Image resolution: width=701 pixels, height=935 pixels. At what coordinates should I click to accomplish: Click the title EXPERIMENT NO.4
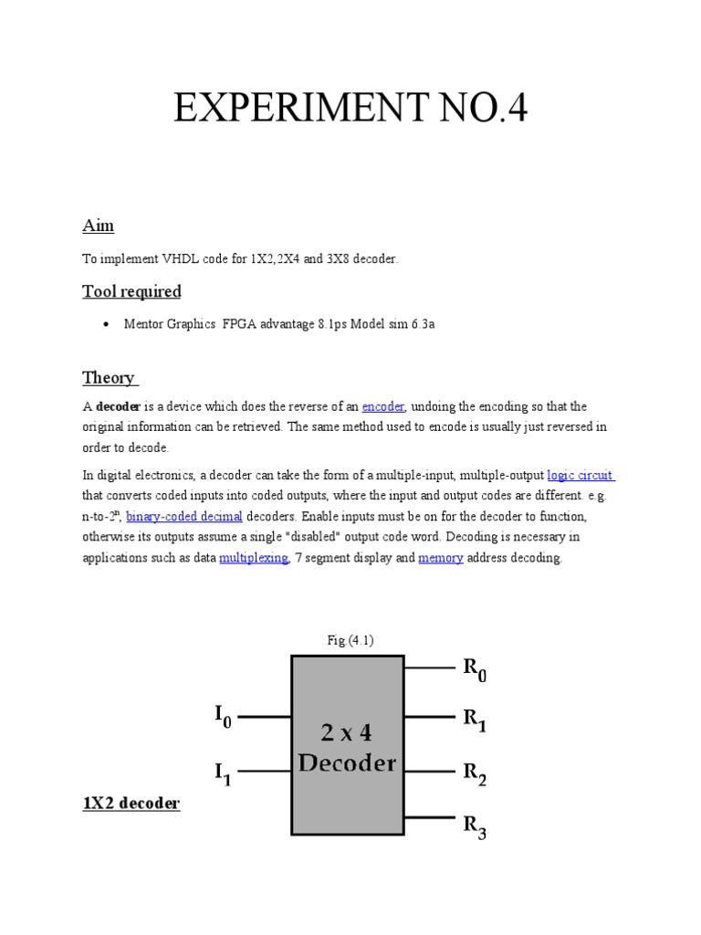[x=350, y=111]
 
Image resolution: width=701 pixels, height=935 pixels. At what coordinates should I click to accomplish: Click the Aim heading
[x=98, y=226]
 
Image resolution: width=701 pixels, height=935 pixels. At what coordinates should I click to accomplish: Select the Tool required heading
[x=131, y=291]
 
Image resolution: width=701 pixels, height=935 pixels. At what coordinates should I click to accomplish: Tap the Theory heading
[x=109, y=377]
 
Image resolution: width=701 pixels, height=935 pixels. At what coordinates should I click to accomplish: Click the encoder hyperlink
[x=383, y=406]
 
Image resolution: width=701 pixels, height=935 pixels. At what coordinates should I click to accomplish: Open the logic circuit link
[x=581, y=475]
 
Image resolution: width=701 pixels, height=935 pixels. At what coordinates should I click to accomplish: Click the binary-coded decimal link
[x=183, y=516]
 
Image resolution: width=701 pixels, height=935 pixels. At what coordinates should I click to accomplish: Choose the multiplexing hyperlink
[x=254, y=558]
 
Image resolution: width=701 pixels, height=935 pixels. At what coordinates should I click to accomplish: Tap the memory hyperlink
[x=441, y=558]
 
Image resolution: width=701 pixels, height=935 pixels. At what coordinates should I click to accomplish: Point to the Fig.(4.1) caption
[x=350, y=640]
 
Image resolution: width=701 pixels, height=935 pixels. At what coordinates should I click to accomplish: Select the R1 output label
[x=475, y=722]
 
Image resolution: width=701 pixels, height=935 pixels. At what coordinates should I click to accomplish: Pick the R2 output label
[x=475, y=775]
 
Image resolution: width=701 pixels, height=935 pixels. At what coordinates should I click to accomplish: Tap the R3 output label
[x=475, y=827]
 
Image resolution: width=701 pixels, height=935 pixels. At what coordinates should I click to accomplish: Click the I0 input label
[x=224, y=717]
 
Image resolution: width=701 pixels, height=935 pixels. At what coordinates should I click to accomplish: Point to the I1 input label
[x=224, y=774]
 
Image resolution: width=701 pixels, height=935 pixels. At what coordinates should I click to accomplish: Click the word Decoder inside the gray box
[x=347, y=762]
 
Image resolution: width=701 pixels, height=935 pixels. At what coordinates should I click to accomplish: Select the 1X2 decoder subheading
[x=131, y=803]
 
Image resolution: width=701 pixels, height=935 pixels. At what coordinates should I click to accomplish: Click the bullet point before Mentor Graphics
[x=107, y=324]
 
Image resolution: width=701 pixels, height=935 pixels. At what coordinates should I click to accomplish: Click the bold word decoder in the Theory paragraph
[x=118, y=406]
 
